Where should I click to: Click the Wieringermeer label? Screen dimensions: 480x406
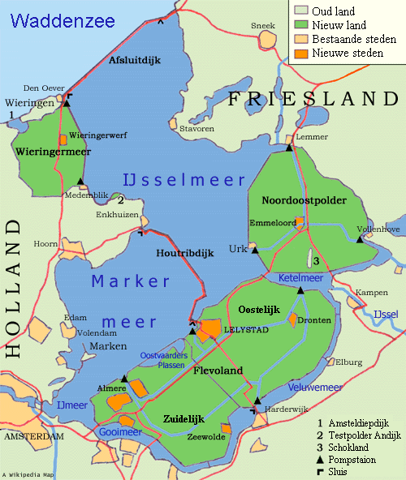53,151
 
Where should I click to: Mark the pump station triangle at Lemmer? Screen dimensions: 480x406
289,147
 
